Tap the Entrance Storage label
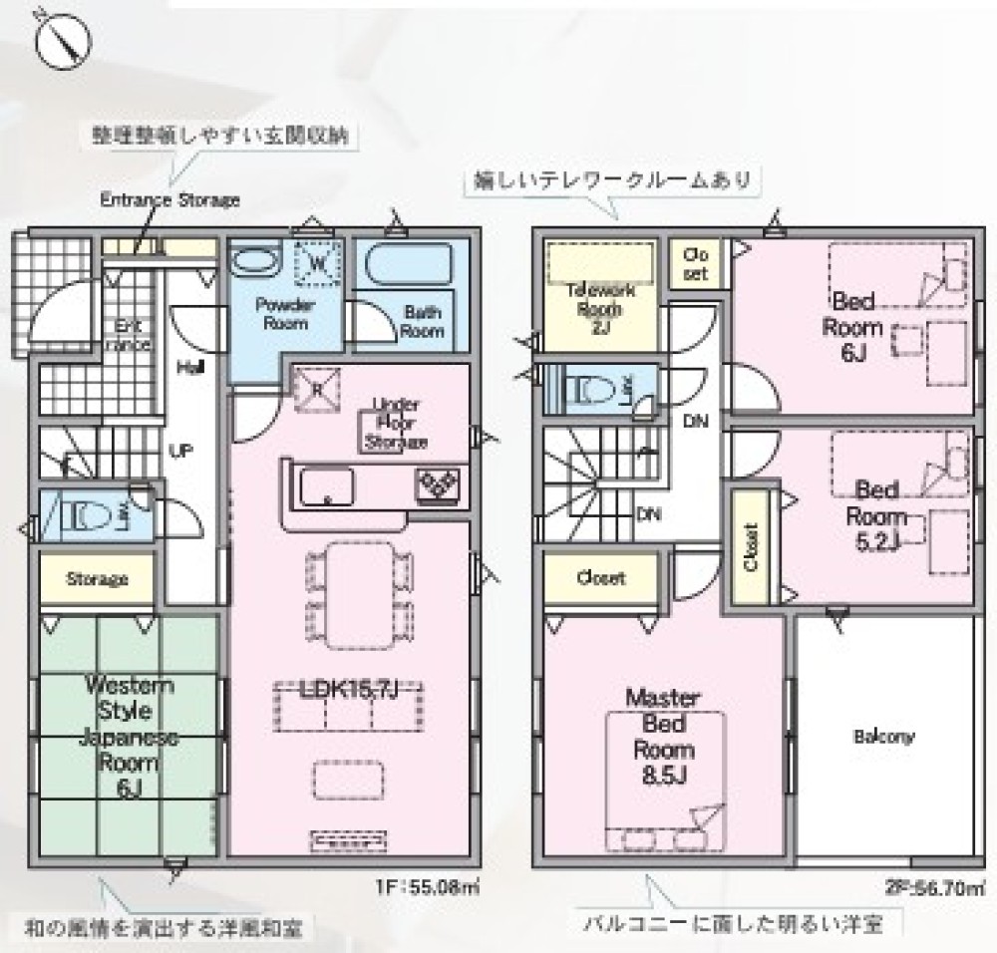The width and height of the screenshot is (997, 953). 169,199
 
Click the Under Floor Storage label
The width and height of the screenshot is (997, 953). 396,423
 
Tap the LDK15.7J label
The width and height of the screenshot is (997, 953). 350,688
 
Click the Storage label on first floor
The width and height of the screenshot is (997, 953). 97,578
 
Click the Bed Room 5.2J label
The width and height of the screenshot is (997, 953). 876,516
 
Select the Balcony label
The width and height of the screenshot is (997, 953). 883,738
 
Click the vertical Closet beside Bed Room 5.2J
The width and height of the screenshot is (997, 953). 752,548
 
